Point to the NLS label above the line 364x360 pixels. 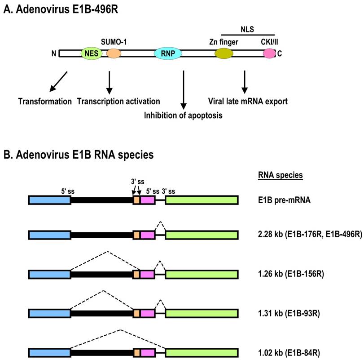coord(248,27)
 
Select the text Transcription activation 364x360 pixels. coord(118,101)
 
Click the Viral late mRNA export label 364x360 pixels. coord(247,101)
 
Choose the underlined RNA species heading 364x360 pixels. coord(281,175)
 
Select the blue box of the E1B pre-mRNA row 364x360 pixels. coord(49,200)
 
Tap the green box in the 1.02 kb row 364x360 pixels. coord(202,351)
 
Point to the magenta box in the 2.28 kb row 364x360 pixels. coord(148,235)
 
